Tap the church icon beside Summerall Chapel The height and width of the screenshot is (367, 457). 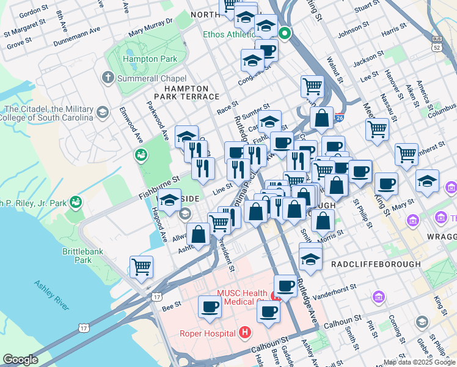point(108,78)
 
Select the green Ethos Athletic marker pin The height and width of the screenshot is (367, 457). point(283,34)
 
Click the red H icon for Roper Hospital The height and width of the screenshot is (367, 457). point(245,333)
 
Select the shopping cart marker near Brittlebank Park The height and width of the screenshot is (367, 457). point(141,267)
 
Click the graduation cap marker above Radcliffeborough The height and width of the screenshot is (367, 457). point(310,258)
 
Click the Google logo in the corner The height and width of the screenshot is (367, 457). point(20,360)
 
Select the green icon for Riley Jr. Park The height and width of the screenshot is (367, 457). point(76,201)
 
